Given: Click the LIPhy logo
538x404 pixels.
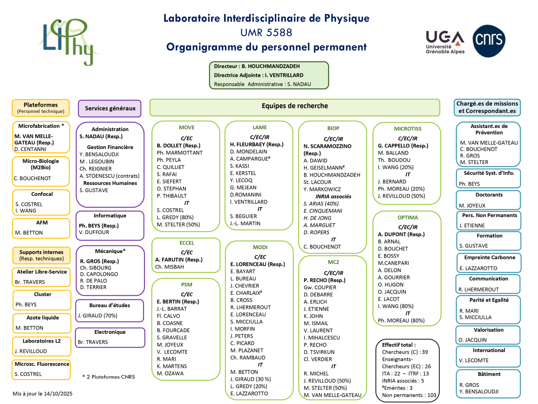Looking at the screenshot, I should point(68,42).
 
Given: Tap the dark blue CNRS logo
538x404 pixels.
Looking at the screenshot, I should point(489,41).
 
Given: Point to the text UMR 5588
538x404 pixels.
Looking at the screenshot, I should point(266,32).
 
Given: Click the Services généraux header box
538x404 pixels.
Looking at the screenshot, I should point(110,108).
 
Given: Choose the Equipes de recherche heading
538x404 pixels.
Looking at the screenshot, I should point(295,106).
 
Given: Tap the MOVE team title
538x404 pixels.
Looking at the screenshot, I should point(187,127).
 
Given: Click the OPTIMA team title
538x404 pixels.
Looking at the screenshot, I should point(408,218).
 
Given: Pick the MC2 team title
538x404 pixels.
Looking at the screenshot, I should point(334,262).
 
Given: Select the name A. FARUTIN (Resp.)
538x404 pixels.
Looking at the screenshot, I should point(179,260).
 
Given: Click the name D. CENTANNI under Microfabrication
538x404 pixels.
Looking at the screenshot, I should point(30,149).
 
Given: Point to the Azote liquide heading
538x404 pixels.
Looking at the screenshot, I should point(43,318).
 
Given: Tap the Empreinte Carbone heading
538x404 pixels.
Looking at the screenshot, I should point(489,257).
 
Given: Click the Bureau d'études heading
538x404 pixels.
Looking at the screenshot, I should point(110,305).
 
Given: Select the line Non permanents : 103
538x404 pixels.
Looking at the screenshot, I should point(409,395).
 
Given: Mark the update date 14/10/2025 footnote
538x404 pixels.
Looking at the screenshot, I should point(42,394).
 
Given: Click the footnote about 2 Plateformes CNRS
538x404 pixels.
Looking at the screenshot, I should point(109,377).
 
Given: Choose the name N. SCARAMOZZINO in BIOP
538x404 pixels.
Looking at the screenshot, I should point(327,146).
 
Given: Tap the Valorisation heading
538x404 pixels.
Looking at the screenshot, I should point(489,330).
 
